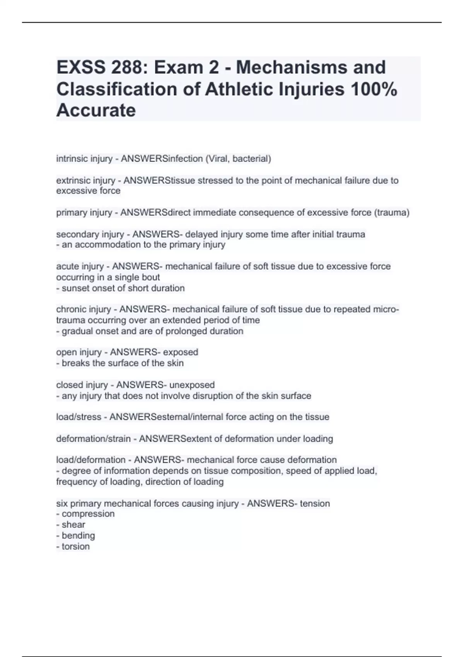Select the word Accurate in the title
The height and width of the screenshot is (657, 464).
pos(96,111)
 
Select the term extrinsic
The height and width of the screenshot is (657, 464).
pos(71,180)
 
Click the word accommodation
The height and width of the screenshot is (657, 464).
pos(104,245)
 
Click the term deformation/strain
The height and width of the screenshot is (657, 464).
pos(93,439)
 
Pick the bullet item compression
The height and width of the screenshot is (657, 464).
pos(88,514)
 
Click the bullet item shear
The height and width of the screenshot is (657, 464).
pos(73,525)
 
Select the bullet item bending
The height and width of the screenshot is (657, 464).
pos(78,536)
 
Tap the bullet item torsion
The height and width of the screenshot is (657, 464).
pos(76,546)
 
